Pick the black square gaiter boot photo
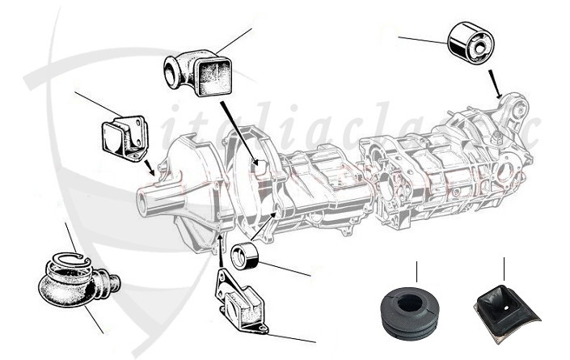(x=502, y=311)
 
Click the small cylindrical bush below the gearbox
(x=244, y=256)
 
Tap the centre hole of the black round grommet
(x=410, y=302)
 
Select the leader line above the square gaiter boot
(x=504, y=269)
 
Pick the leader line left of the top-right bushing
(x=421, y=39)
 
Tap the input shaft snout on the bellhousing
(x=150, y=200)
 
